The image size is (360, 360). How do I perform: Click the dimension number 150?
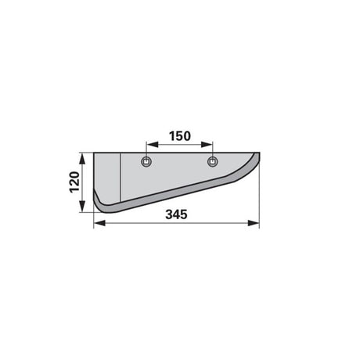pos(180,136)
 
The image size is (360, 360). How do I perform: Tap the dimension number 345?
pos(176,214)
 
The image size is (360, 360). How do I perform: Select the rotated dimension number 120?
pos(74,182)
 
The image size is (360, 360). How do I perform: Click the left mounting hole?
pos(146,162)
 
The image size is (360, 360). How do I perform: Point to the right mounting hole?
pos(213,162)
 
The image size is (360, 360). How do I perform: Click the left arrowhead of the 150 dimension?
pos(152,145)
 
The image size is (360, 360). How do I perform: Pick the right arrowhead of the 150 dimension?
pos(207,145)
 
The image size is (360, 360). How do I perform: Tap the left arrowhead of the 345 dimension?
pos(99,223)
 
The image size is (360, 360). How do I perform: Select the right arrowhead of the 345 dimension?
pos(254,223)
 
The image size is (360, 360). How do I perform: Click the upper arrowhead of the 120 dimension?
pos(82,159)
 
